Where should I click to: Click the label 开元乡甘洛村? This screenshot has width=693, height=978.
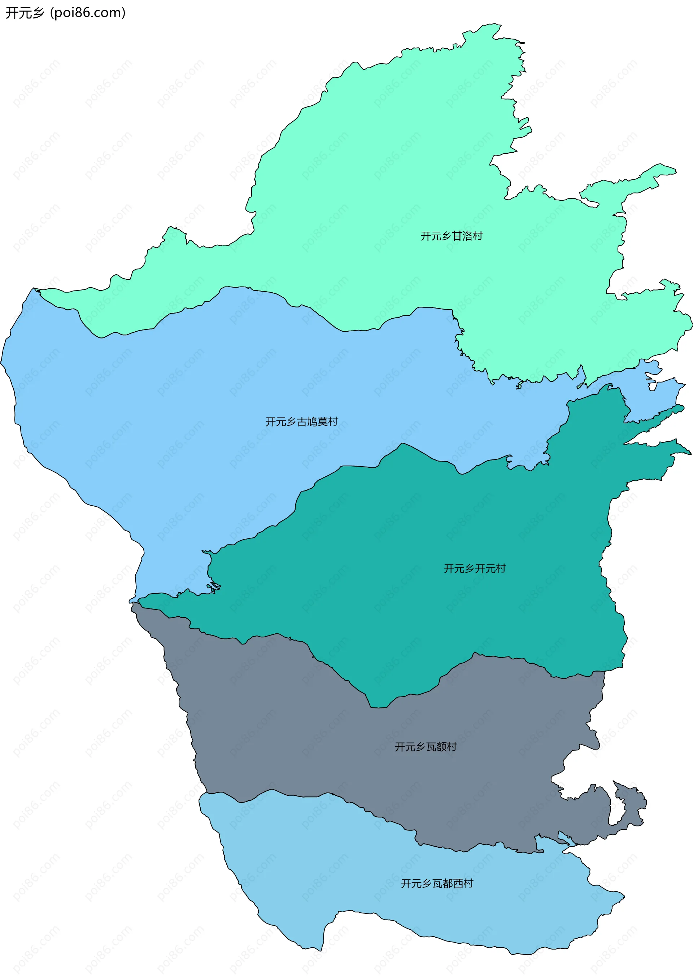pyautogui.click(x=452, y=236)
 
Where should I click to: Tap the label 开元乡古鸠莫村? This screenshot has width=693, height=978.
pyautogui.click(x=301, y=422)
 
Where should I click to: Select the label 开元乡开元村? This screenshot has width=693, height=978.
pyautogui.click(x=475, y=568)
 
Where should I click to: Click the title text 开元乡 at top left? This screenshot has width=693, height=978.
pyautogui.click(x=25, y=13)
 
